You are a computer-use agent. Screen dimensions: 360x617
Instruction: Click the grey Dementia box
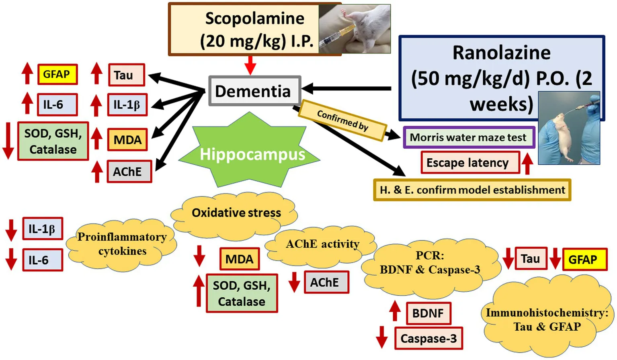pyautogui.click(x=254, y=91)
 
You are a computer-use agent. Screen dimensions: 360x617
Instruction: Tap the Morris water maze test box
pyautogui.click(x=469, y=137)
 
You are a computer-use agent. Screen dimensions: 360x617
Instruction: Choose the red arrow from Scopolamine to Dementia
pyautogui.click(x=250, y=65)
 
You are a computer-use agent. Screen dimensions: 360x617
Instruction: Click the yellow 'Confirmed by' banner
pyautogui.click(x=342, y=120)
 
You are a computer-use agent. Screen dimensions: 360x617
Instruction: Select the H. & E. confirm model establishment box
pyautogui.click(x=472, y=190)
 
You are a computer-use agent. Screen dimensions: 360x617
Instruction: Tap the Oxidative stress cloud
pyautogui.click(x=236, y=213)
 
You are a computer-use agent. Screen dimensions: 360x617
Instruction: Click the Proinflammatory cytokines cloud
pyautogui.click(x=122, y=243)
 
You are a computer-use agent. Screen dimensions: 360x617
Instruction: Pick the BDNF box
pyautogui.click(x=428, y=313)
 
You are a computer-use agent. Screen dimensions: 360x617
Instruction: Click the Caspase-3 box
pyautogui.click(x=428, y=339)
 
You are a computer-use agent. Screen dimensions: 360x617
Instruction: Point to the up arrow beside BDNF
pyautogui.click(x=395, y=311)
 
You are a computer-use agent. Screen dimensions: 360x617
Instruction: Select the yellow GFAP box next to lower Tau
pyautogui.click(x=584, y=260)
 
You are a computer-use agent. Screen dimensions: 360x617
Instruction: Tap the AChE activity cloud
pyautogui.click(x=322, y=244)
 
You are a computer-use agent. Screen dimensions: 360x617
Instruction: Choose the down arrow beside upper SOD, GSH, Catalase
pyautogui.click(x=8, y=141)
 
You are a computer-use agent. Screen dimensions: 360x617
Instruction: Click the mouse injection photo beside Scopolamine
pyautogui.click(x=354, y=29)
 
